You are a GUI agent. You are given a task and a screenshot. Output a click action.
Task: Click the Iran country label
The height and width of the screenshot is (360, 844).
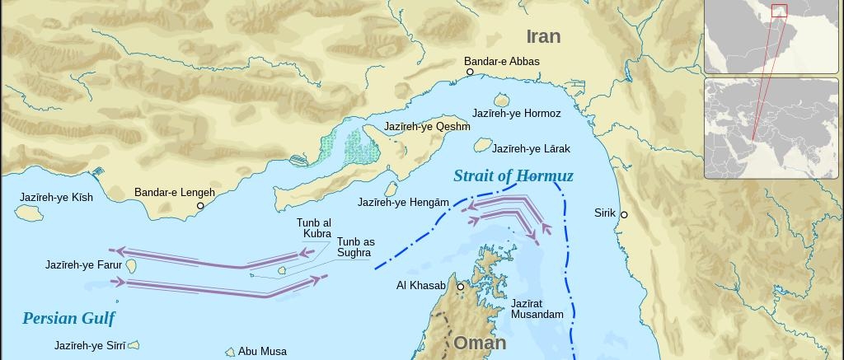[x=543, y=36]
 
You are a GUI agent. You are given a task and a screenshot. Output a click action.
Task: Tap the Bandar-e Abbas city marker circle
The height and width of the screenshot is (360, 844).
[x=471, y=72]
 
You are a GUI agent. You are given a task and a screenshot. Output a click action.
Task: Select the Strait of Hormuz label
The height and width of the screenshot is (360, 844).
[x=513, y=176]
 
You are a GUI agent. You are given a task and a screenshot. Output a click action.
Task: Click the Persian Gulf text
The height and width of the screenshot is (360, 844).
[x=68, y=319]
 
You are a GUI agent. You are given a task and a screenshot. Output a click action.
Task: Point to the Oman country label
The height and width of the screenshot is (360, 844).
[x=480, y=343]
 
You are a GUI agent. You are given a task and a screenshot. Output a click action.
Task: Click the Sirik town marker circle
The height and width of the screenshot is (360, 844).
[x=624, y=215]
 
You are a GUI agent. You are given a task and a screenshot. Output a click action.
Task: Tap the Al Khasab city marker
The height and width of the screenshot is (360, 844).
[x=461, y=287]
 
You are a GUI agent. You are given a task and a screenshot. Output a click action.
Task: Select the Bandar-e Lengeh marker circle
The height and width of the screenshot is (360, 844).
[x=200, y=206]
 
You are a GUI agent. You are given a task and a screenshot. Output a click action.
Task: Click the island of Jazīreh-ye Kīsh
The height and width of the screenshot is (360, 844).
[x=29, y=213]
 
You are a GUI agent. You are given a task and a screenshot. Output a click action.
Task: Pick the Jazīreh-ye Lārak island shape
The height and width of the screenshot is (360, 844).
[x=482, y=145]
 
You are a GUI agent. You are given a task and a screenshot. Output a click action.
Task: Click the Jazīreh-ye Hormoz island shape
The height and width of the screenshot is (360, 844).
[x=502, y=101]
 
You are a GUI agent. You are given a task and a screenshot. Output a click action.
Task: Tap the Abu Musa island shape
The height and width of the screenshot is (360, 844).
[x=231, y=352]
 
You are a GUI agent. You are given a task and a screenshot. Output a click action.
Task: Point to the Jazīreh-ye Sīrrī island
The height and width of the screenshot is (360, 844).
[x=134, y=346]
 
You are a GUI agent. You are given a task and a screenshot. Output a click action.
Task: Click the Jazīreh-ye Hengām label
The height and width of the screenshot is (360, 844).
[x=403, y=203]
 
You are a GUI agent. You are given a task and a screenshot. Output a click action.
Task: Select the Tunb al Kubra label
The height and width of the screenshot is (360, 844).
[x=314, y=228]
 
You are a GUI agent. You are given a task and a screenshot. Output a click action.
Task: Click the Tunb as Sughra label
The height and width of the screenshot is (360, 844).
[x=355, y=247]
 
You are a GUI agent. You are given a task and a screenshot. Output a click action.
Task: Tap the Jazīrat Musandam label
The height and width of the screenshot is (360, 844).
[x=537, y=309]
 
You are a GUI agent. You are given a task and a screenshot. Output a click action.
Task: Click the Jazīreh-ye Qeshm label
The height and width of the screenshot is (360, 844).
[x=427, y=127]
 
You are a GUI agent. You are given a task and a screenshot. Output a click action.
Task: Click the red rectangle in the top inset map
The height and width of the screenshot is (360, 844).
[x=779, y=11]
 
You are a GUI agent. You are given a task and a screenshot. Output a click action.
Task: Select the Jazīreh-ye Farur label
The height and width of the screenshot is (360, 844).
[x=83, y=265]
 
